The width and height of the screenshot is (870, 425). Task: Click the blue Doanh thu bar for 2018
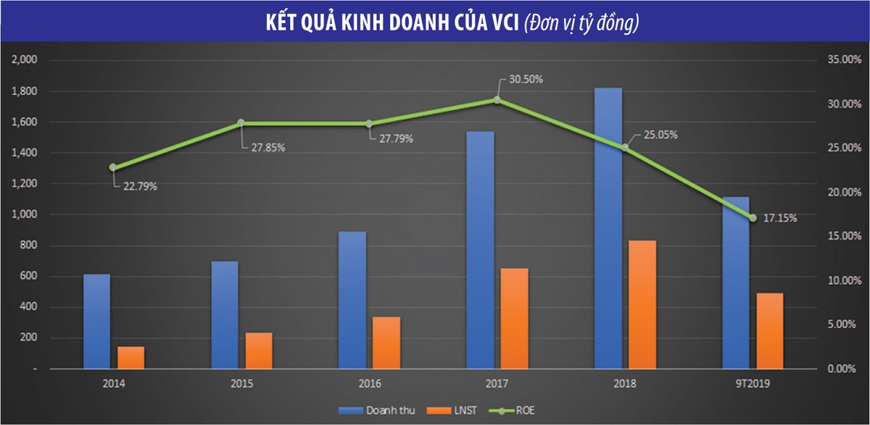[608, 228]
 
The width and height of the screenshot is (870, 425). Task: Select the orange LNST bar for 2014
[131, 358]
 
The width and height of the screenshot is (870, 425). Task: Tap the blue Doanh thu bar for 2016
[352, 300]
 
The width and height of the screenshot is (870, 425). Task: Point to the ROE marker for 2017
[497, 100]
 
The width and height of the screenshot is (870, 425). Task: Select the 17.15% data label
[780, 218]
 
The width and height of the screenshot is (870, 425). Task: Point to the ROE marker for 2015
[241, 123]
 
